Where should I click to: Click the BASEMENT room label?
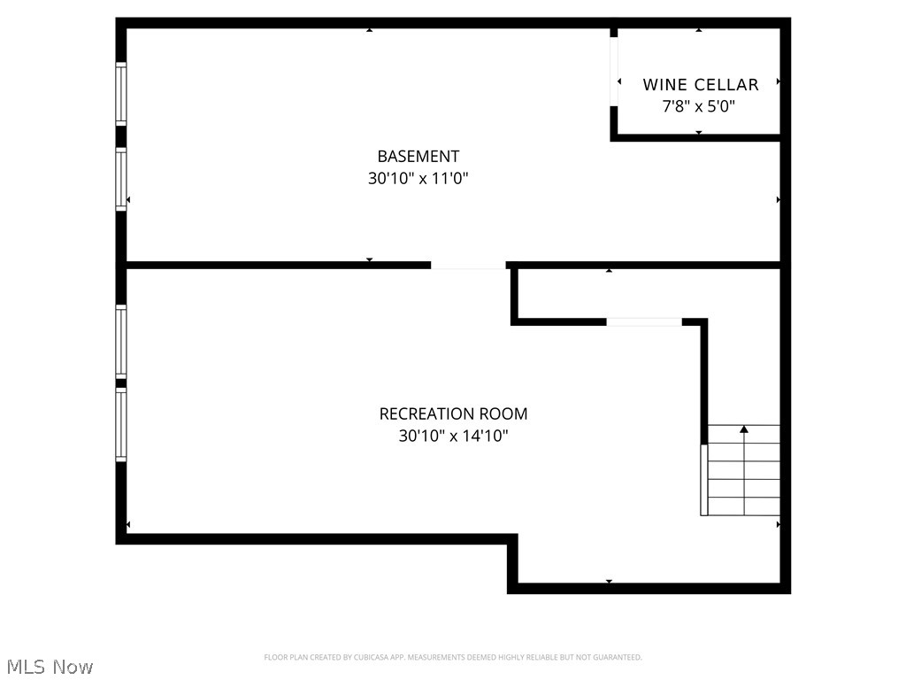coord(418,157)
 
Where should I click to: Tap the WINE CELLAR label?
coord(700,85)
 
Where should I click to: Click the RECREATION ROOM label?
coord(453,413)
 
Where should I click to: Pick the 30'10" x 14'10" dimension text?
coord(453,436)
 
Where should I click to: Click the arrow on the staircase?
coord(744,429)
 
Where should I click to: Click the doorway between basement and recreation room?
coord(468,265)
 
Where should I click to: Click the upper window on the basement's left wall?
coord(121,93)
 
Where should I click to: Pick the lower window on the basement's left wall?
coord(121,179)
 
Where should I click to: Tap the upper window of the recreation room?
coord(121,342)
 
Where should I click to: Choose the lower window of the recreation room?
coord(121,425)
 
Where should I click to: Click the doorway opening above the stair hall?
coord(643,321)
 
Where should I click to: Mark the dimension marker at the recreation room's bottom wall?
coord(609,582)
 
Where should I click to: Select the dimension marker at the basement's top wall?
coord(369,30)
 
